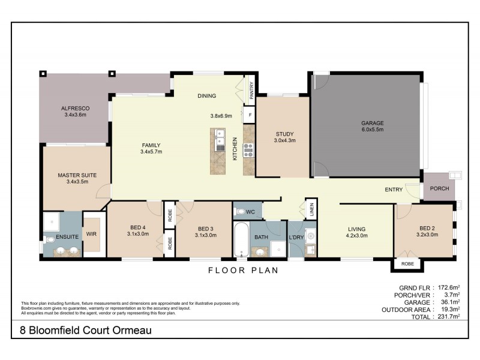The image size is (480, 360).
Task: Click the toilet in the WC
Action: tap(240, 211)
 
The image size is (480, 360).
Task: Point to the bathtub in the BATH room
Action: tap(241, 241)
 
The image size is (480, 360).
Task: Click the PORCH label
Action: tap(440, 189)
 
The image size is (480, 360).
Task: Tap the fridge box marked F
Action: tap(250, 115)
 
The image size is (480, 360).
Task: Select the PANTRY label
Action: tap(252, 88)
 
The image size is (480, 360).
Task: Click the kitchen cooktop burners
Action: tap(249, 149)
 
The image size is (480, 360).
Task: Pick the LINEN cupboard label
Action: tap(311, 209)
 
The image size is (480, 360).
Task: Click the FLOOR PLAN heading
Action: tap(243, 270)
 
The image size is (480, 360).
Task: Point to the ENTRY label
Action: tap(394, 190)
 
